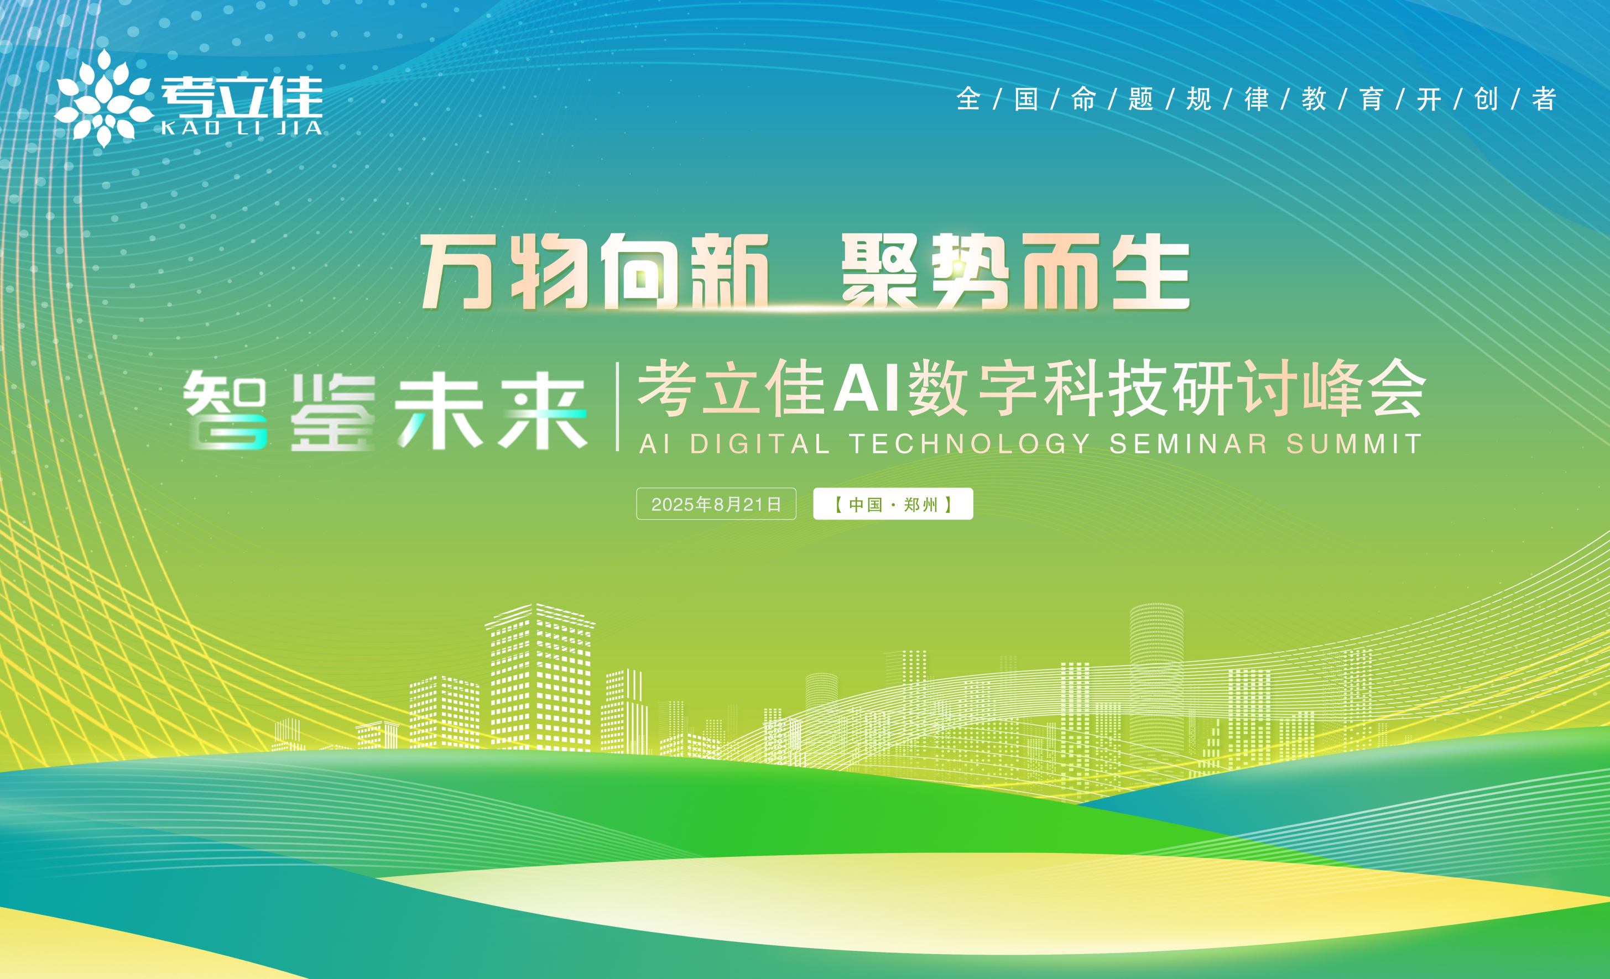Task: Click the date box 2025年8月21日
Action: tap(716, 504)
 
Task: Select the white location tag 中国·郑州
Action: tap(893, 504)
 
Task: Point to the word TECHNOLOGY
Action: tap(969, 444)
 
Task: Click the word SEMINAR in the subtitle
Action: tap(1189, 444)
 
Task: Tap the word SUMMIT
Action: tap(1354, 444)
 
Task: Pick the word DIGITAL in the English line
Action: tap(760, 444)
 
